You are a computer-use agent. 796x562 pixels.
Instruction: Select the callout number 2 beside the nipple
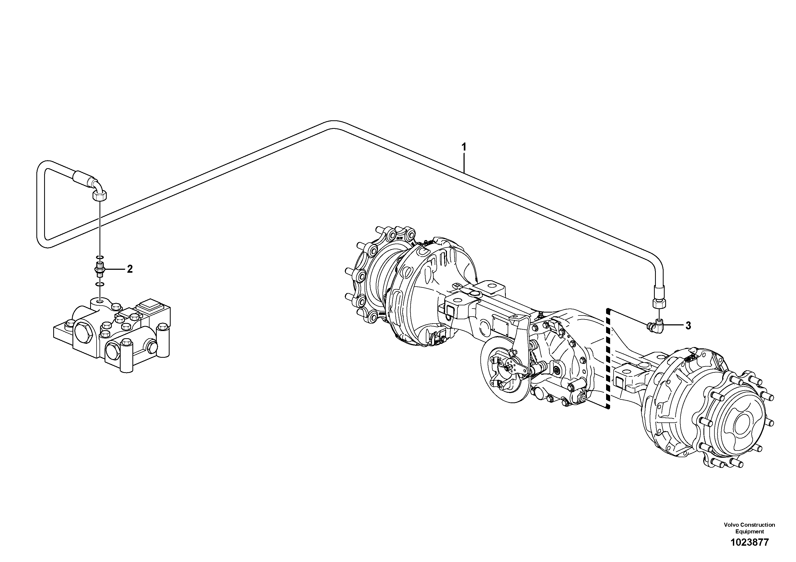click(130, 269)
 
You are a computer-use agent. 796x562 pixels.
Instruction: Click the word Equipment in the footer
click(749, 532)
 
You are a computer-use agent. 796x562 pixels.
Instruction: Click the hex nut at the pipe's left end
click(100, 196)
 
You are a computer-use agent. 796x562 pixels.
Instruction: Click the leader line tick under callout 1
click(464, 163)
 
